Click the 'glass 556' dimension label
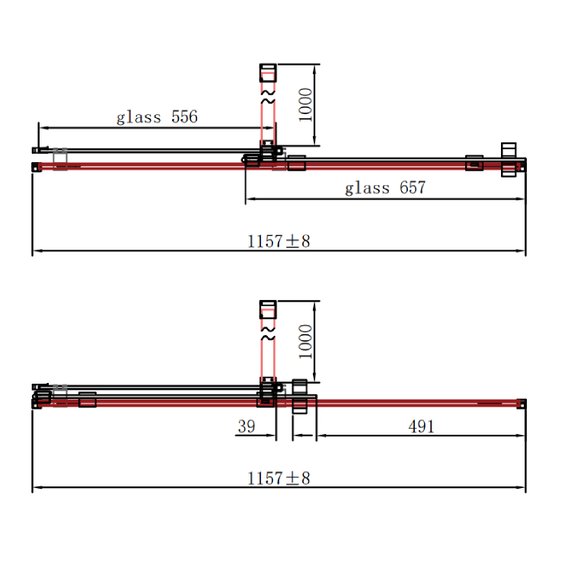click(157, 117)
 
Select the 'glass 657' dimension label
click(385, 188)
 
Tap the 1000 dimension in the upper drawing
click(305, 105)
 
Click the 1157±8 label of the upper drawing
click(279, 241)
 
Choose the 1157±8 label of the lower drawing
click(279, 478)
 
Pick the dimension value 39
click(246, 426)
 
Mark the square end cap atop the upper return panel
click(267, 74)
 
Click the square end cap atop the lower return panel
click(267, 309)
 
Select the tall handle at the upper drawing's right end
click(508, 160)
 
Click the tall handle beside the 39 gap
click(299, 397)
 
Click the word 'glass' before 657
click(367, 188)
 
